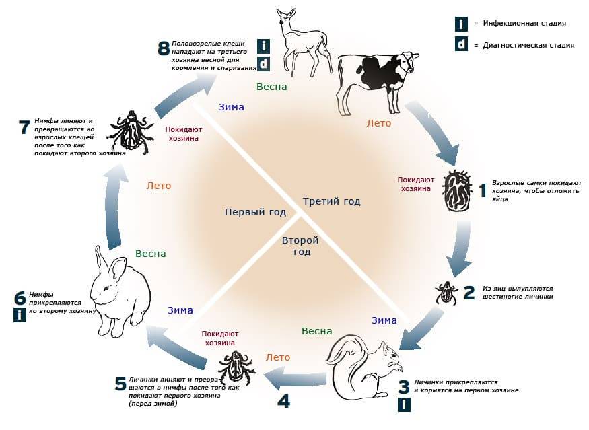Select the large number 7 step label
25,127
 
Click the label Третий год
331,201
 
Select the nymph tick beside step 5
235,367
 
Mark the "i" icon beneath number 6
20,314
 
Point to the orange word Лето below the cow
378,123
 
